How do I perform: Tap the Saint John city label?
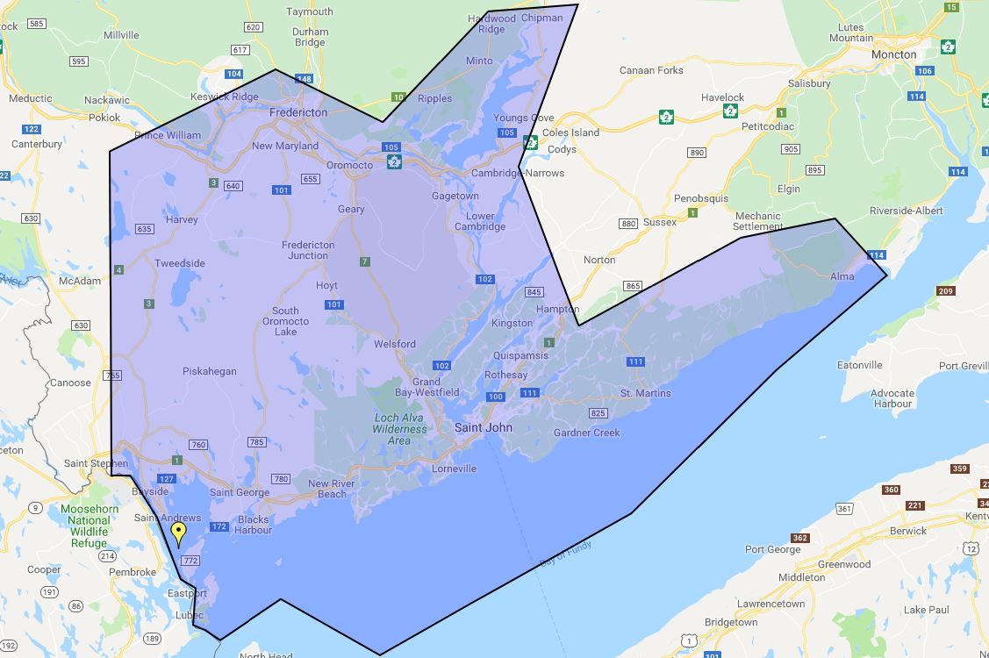coord(482,427)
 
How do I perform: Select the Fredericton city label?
coord(298,112)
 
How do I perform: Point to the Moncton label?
coord(893,54)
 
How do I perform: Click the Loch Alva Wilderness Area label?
coord(399,429)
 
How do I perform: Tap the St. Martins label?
coord(645,393)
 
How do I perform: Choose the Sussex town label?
coord(660,222)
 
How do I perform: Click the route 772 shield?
coord(190,560)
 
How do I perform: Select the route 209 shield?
coord(945,291)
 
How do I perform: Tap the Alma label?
coord(842,276)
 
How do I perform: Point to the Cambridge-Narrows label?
coord(518,173)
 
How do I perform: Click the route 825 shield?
coord(598,412)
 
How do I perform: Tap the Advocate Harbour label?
coord(892,398)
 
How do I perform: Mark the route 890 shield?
coord(697,153)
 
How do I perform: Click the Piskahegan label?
coord(209,371)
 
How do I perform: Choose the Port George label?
coord(772,549)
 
